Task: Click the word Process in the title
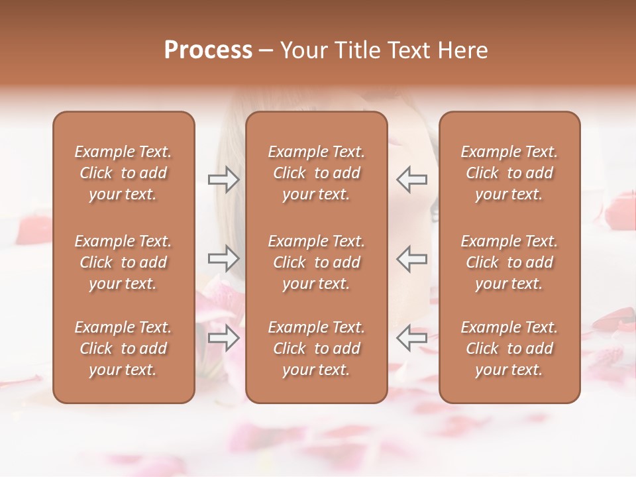tap(208, 50)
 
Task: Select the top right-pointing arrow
tap(223, 180)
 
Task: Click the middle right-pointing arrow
tap(223, 258)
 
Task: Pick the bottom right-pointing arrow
tap(223, 339)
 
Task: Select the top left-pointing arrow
tap(411, 180)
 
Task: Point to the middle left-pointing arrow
tap(411, 258)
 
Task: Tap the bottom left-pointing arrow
tap(411, 339)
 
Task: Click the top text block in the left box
tap(123, 173)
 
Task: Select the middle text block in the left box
tap(123, 262)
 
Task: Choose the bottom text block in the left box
tap(123, 348)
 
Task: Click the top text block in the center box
tap(317, 173)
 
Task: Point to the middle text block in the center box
tap(317, 262)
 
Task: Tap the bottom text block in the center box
tap(317, 348)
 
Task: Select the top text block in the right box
tap(509, 173)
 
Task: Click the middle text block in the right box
tap(509, 262)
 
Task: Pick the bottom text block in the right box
tap(509, 348)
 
